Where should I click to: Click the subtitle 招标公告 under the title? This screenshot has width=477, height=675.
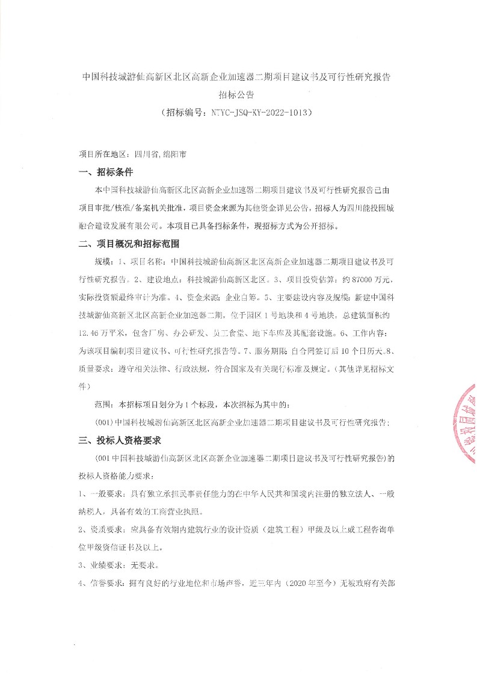(238, 94)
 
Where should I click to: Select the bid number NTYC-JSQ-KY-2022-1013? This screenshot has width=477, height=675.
(262, 112)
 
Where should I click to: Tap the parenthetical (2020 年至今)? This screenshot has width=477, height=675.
(303, 584)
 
